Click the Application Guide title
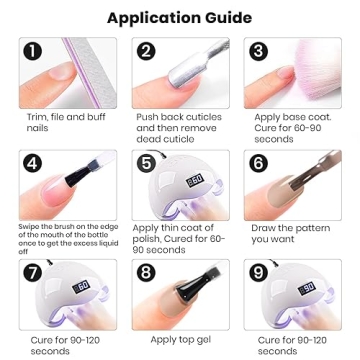180,17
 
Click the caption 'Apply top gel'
178,339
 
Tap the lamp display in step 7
80,287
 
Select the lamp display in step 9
306,288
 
